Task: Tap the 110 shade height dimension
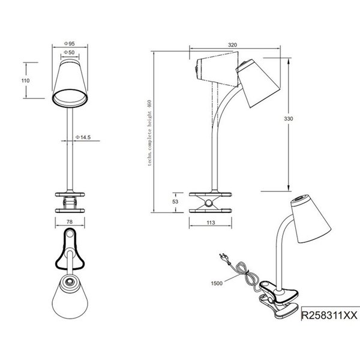tap(25, 80)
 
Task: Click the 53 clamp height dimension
tap(175, 202)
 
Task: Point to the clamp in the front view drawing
tap(72, 201)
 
